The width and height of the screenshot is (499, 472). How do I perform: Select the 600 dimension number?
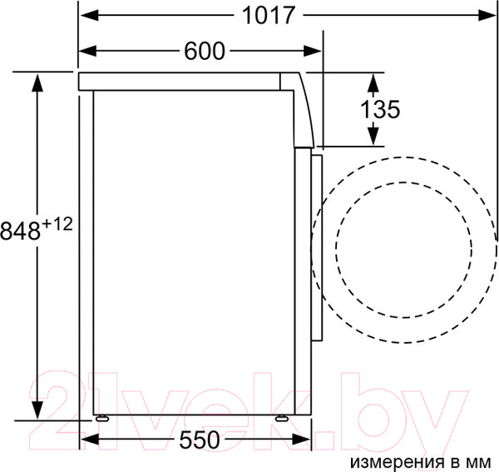point(205,52)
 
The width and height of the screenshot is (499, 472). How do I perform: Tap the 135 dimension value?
point(381,109)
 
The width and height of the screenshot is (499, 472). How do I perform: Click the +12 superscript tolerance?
point(57,223)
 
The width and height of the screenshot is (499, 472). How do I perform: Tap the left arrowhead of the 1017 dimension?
point(87,15)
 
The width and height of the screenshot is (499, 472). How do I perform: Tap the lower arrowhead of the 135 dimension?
point(373,137)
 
